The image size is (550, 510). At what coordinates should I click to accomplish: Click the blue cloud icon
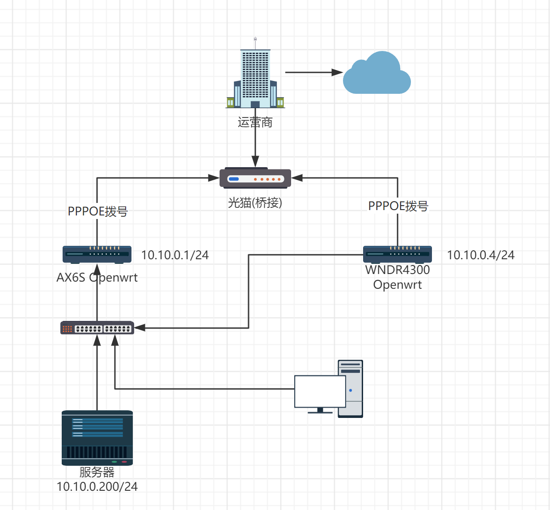point(377,74)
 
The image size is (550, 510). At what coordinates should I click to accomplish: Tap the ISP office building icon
point(255,76)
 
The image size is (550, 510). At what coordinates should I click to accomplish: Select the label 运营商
point(255,122)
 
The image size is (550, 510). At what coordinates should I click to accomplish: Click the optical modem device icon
point(255,178)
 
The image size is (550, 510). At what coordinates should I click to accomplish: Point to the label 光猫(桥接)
point(255,203)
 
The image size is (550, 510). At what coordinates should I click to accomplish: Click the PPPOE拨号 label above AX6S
point(98,211)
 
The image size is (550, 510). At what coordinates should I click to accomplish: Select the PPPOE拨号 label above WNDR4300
point(398,206)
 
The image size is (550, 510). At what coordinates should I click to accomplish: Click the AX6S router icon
point(97,254)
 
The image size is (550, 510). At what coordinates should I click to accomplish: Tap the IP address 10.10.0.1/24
point(175,255)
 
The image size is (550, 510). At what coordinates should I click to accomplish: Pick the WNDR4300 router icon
point(398,254)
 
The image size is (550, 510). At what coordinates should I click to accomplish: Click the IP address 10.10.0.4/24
point(481,255)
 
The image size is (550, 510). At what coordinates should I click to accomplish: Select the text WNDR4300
point(398,270)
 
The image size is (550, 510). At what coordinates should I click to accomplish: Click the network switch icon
point(97,328)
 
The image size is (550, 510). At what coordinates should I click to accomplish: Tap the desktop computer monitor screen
point(320,391)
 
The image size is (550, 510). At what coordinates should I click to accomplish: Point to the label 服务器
point(97,472)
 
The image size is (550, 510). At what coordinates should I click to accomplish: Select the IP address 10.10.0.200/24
point(97,487)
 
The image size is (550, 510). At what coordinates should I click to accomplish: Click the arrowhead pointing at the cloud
point(337,72)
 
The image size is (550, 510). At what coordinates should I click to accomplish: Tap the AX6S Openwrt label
point(97,278)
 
